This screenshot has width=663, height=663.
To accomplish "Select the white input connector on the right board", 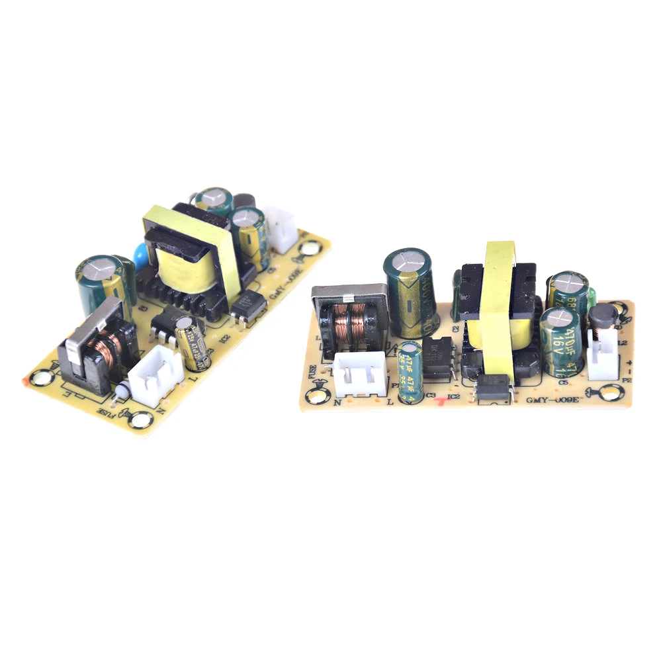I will tap(359, 372).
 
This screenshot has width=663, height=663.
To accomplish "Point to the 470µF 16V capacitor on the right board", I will tap(561, 341).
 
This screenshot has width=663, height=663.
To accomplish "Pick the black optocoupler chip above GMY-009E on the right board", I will tap(497, 388).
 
